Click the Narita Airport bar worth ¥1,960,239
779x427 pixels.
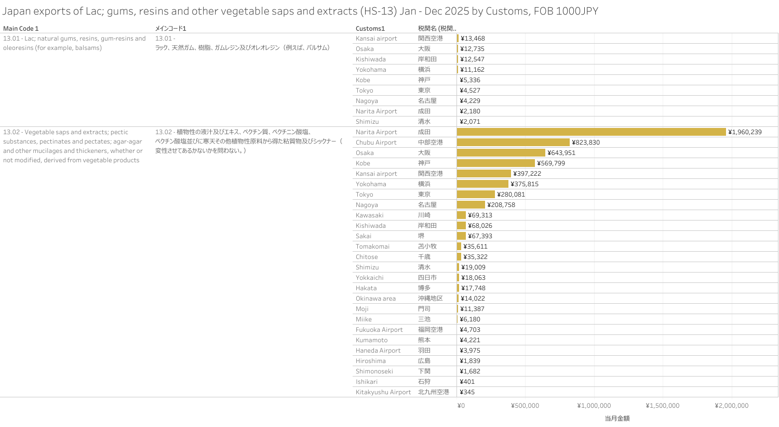point(591,132)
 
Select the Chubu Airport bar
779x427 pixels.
point(513,143)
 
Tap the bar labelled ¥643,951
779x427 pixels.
point(501,153)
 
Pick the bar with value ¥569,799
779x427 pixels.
point(495,163)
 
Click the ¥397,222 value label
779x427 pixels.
point(527,174)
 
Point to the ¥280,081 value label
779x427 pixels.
point(511,195)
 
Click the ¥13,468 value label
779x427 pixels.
point(473,38)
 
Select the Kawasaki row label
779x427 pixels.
point(369,215)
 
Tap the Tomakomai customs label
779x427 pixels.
point(372,247)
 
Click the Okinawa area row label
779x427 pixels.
point(375,299)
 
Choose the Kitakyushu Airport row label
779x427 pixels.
point(383,392)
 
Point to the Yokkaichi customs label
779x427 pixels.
point(369,278)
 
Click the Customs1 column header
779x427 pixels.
point(370,29)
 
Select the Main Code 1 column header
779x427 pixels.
point(21,29)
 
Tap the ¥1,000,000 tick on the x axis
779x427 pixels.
point(594,406)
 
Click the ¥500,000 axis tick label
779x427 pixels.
point(525,406)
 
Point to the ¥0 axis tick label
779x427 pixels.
point(461,406)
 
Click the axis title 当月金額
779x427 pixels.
point(617,418)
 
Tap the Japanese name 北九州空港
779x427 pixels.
point(434,392)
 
